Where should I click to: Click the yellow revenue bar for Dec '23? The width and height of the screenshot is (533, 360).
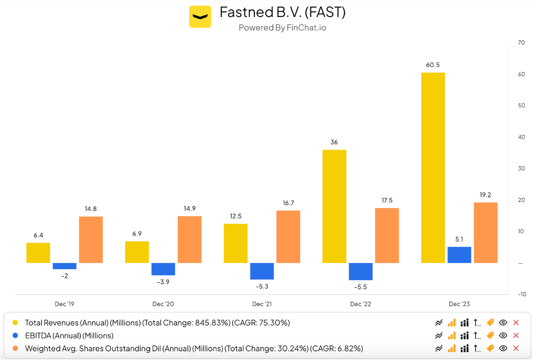pyautogui.click(x=433, y=167)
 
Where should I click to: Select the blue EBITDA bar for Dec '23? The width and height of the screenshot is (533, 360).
pyautogui.click(x=459, y=255)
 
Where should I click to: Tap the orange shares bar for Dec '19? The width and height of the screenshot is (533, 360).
pyautogui.click(x=91, y=239)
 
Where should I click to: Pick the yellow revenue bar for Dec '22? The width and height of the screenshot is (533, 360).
pyautogui.click(x=334, y=206)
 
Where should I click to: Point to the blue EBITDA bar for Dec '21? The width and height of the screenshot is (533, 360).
pyautogui.click(x=262, y=271)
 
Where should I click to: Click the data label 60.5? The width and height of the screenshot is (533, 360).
pyautogui.click(x=433, y=65)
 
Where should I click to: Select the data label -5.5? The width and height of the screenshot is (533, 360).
pyautogui.click(x=360, y=287)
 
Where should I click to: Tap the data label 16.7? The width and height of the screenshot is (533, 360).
pyautogui.click(x=288, y=203)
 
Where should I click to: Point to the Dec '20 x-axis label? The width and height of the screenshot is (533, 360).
pyautogui.click(x=163, y=304)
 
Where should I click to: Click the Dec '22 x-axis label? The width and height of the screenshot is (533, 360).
pyautogui.click(x=360, y=304)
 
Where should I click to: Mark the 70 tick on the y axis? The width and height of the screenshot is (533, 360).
pyautogui.click(x=521, y=43)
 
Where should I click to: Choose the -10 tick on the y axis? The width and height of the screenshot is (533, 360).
pyautogui.click(x=521, y=294)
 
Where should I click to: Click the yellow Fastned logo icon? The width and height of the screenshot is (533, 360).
pyautogui.click(x=200, y=16)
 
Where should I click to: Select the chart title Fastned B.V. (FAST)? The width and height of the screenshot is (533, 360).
pyautogui.click(x=283, y=12)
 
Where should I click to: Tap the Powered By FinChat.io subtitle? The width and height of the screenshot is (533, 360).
pyautogui.click(x=283, y=27)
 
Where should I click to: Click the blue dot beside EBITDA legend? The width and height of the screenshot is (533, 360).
pyautogui.click(x=15, y=336)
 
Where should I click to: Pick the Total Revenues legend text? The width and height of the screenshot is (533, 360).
pyautogui.click(x=157, y=323)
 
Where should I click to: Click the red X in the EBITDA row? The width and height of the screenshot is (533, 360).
pyautogui.click(x=515, y=336)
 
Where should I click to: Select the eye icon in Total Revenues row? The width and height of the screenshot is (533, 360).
pyautogui.click(x=502, y=323)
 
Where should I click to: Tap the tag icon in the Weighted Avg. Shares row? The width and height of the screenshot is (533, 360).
pyautogui.click(x=490, y=348)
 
